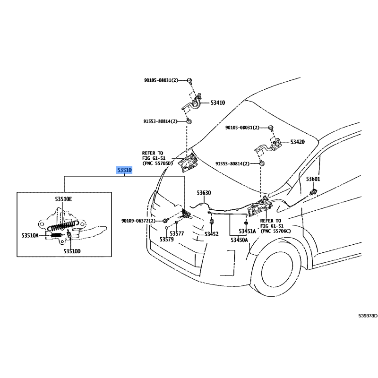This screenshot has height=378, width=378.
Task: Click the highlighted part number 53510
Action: click(124, 170)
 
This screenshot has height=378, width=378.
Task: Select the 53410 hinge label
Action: click(218, 103)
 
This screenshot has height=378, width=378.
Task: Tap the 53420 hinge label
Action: click(298, 142)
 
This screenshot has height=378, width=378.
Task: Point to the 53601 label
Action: click(313, 179)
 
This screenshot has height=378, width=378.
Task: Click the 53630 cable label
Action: click(204, 193)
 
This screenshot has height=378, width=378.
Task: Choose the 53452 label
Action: click(211, 234)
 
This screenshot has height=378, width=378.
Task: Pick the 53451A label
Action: click(247, 232)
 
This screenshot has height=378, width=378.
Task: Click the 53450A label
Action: click(239, 240)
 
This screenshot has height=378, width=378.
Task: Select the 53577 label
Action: click(177, 233)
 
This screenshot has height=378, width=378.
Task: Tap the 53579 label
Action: click(167, 240)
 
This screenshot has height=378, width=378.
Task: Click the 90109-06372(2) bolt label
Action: click(138, 221)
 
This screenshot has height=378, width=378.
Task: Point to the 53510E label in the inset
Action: click(63, 199)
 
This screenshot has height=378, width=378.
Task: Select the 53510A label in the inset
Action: click(30, 235)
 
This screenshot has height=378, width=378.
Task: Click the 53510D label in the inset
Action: click(72, 251)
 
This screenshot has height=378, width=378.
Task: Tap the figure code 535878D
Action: click(368, 316)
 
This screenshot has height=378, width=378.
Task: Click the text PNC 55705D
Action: click(159, 163)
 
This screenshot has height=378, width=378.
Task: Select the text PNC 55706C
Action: click(276, 231)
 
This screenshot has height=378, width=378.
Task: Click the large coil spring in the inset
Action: click(63, 225)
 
